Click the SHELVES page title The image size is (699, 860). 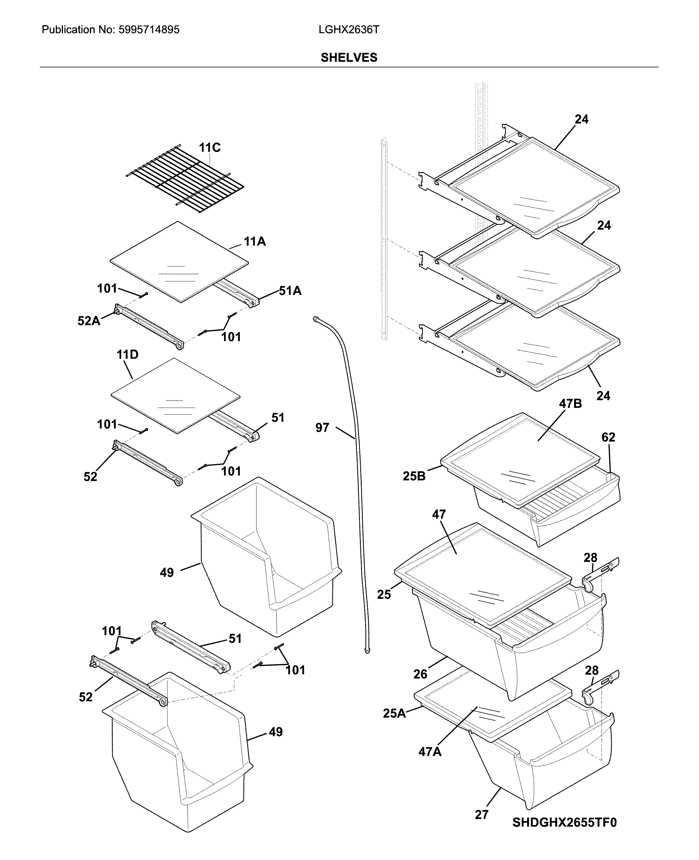(x=349, y=58)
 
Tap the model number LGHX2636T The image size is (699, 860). (x=349, y=30)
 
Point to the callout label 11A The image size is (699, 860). (x=254, y=242)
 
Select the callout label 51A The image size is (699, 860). (x=290, y=291)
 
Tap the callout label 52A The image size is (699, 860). (x=88, y=321)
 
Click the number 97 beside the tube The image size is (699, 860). (x=322, y=428)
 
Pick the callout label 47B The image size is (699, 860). (x=570, y=404)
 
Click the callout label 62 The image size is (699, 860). (x=608, y=437)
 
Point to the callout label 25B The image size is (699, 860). (x=414, y=476)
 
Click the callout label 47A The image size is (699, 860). (x=430, y=752)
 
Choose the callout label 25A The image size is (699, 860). (x=394, y=713)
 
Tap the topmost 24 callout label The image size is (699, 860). (x=581, y=119)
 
